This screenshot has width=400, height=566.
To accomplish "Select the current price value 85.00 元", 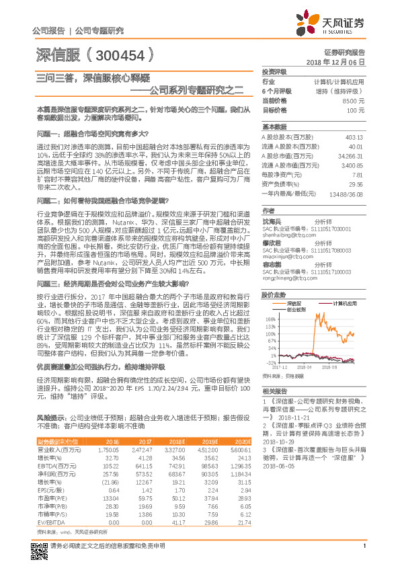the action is pyautogui.click(x=356, y=99).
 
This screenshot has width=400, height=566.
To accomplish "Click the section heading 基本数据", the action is pyautogui.click(x=274, y=126).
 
